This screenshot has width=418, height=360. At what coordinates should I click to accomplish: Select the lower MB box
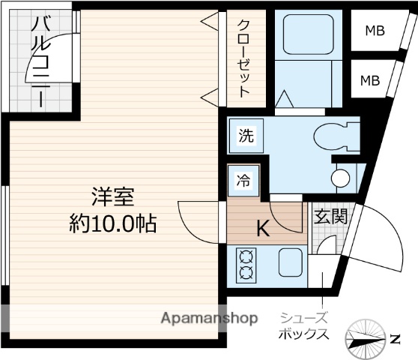point(371,80)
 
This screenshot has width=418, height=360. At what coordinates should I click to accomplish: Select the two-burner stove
point(246,264)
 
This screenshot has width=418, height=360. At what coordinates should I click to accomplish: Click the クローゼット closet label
point(244,57)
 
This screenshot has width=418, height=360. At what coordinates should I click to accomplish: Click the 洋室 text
point(112,198)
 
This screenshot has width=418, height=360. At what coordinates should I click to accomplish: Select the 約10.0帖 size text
point(113,223)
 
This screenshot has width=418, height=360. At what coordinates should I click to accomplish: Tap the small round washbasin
point(340,178)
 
